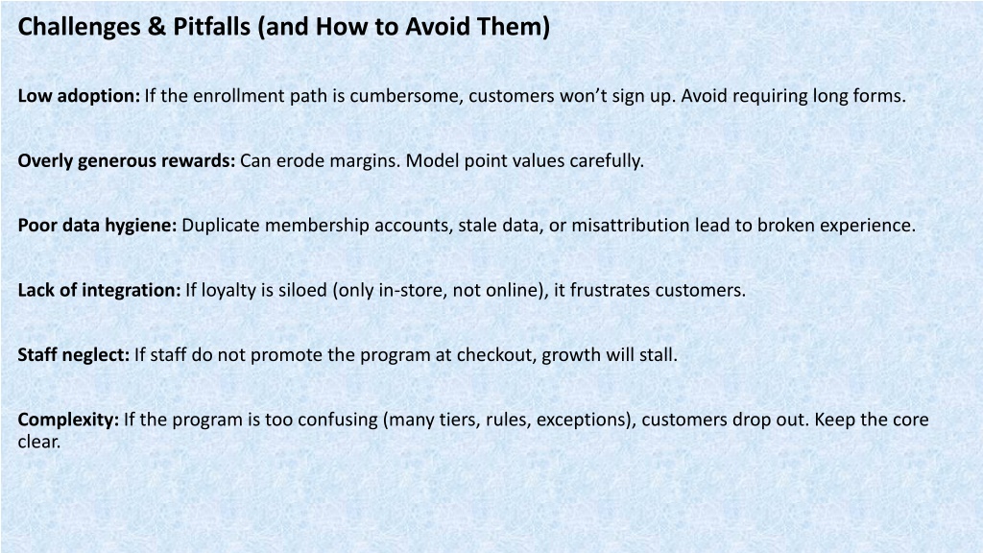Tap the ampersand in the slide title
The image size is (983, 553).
click(157, 27)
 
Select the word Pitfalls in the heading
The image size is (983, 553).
click(211, 27)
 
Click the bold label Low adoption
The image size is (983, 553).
click(79, 96)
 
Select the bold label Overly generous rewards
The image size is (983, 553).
click(127, 161)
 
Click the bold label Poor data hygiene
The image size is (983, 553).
click(97, 226)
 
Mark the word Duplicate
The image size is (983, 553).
click(220, 226)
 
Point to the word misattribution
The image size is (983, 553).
click(630, 225)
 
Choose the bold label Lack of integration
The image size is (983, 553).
click(99, 290)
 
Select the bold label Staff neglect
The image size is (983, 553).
click(73, 355)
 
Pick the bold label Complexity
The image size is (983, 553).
click(68, 421)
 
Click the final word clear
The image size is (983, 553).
click(38, 442)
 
